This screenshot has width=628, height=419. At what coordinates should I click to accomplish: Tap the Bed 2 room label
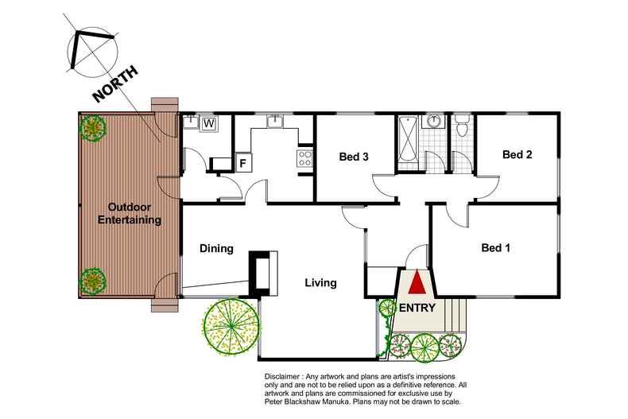click(x=517, y=155)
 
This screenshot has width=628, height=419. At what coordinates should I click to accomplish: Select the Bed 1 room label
click(x=496, y=248)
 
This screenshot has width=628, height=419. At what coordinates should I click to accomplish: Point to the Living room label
click(x=320, y=282)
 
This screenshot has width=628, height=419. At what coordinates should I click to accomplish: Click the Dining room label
click(x=215, y=249)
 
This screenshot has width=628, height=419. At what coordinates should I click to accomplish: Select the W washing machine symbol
click(x=209, y=123)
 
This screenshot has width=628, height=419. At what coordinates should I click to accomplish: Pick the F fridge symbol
click(x=242, y=162)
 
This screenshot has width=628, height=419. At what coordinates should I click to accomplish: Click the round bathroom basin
click(x=434, y=122)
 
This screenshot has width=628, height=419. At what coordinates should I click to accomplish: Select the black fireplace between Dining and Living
click(x=261, y=273)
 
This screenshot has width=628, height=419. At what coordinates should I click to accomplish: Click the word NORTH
click(x=116, y=83)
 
